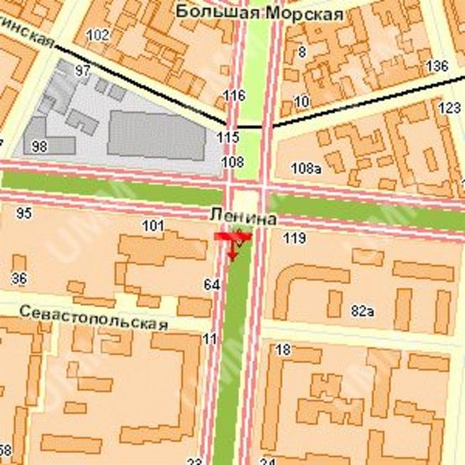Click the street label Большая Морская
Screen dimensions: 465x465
coord(260,14)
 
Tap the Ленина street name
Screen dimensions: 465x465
coord(243,217)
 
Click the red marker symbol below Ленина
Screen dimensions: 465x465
coord(233,242)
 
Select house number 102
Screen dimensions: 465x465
coord(97,34)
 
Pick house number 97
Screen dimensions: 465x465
coord(82,71)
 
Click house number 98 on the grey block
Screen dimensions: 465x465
coord(39,147)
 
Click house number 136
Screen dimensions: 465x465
coord(437,65)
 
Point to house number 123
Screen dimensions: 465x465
coord(449,108)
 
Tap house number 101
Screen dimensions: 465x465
coord(152,225)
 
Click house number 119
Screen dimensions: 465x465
coord(294,240)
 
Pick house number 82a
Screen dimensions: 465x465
coord(362,311)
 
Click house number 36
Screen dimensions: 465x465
coord(19,279)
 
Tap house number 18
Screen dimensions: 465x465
coord(282,349)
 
